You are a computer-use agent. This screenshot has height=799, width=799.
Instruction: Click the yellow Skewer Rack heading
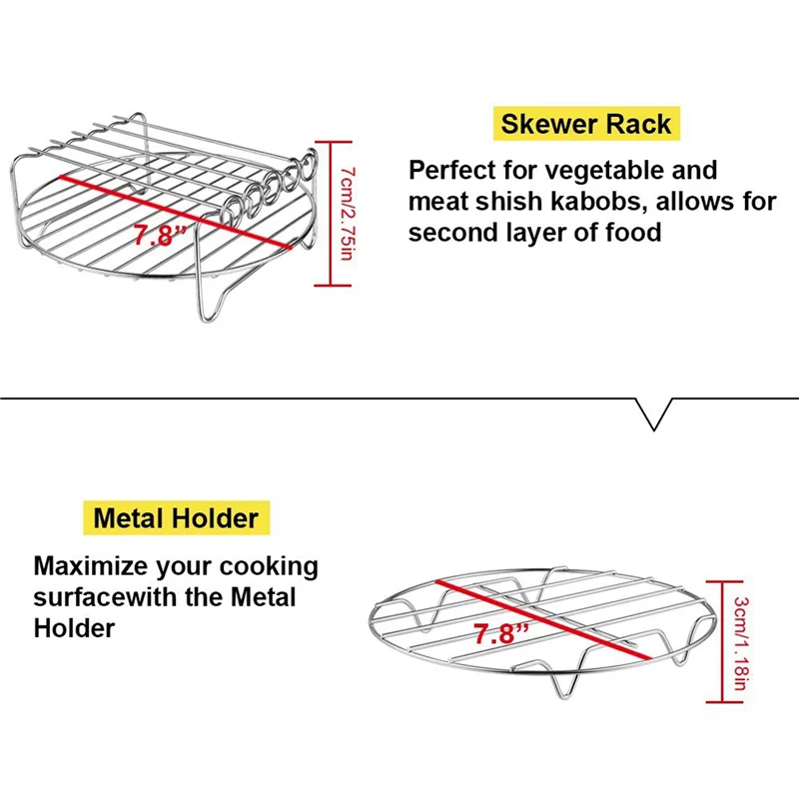coord(586,125)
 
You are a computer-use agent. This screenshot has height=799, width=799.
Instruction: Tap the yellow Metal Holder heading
coord(176,518)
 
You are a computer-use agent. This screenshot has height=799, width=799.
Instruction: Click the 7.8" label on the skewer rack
coord(160,237)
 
